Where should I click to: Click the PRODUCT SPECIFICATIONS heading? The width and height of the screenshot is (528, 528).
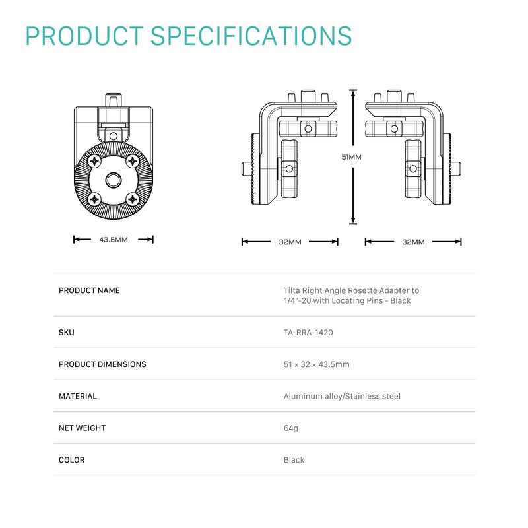pyautogui.click(x=188, y=36)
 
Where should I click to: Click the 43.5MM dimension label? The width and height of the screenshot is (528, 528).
pyautogui.click(x=114, y=240)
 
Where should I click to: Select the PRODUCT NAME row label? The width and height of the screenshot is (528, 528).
pyautogui.click(x=89, y=290)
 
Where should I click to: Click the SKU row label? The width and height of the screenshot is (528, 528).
pyautogui.click(x=67, y=333)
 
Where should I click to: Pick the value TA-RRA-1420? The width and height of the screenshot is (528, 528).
pyautogui.click(x=308, y=333)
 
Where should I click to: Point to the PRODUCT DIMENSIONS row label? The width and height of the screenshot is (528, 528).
pyautogui.click(x=102, y=364)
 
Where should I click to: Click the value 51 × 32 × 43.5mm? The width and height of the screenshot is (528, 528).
pyautogui.click(x=316, y=364)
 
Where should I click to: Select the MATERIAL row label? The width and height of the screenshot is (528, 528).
pyautogui.click(x=78, y=397)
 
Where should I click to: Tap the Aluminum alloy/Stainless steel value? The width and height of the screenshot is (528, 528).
pyautogui.click(x=342, y=397)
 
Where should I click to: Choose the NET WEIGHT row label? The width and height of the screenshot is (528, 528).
pyautogui.click(x=82, y=428)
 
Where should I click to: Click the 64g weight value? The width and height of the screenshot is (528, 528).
pyautogui.click(x=291, y=428)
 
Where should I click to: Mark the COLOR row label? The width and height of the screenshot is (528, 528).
pyautogui.click(x=72, y=460)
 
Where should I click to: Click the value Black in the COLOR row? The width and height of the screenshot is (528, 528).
pyautogui.click(x=294, y=460)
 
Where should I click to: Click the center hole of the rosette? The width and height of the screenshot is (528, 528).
pyautogui.click(x=114, y=179)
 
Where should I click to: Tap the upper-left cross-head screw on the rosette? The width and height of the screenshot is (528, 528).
pyautogui.click(x=95, y=160)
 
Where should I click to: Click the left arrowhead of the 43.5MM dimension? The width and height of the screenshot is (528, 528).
pyautogui.click(x=76, y=240)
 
